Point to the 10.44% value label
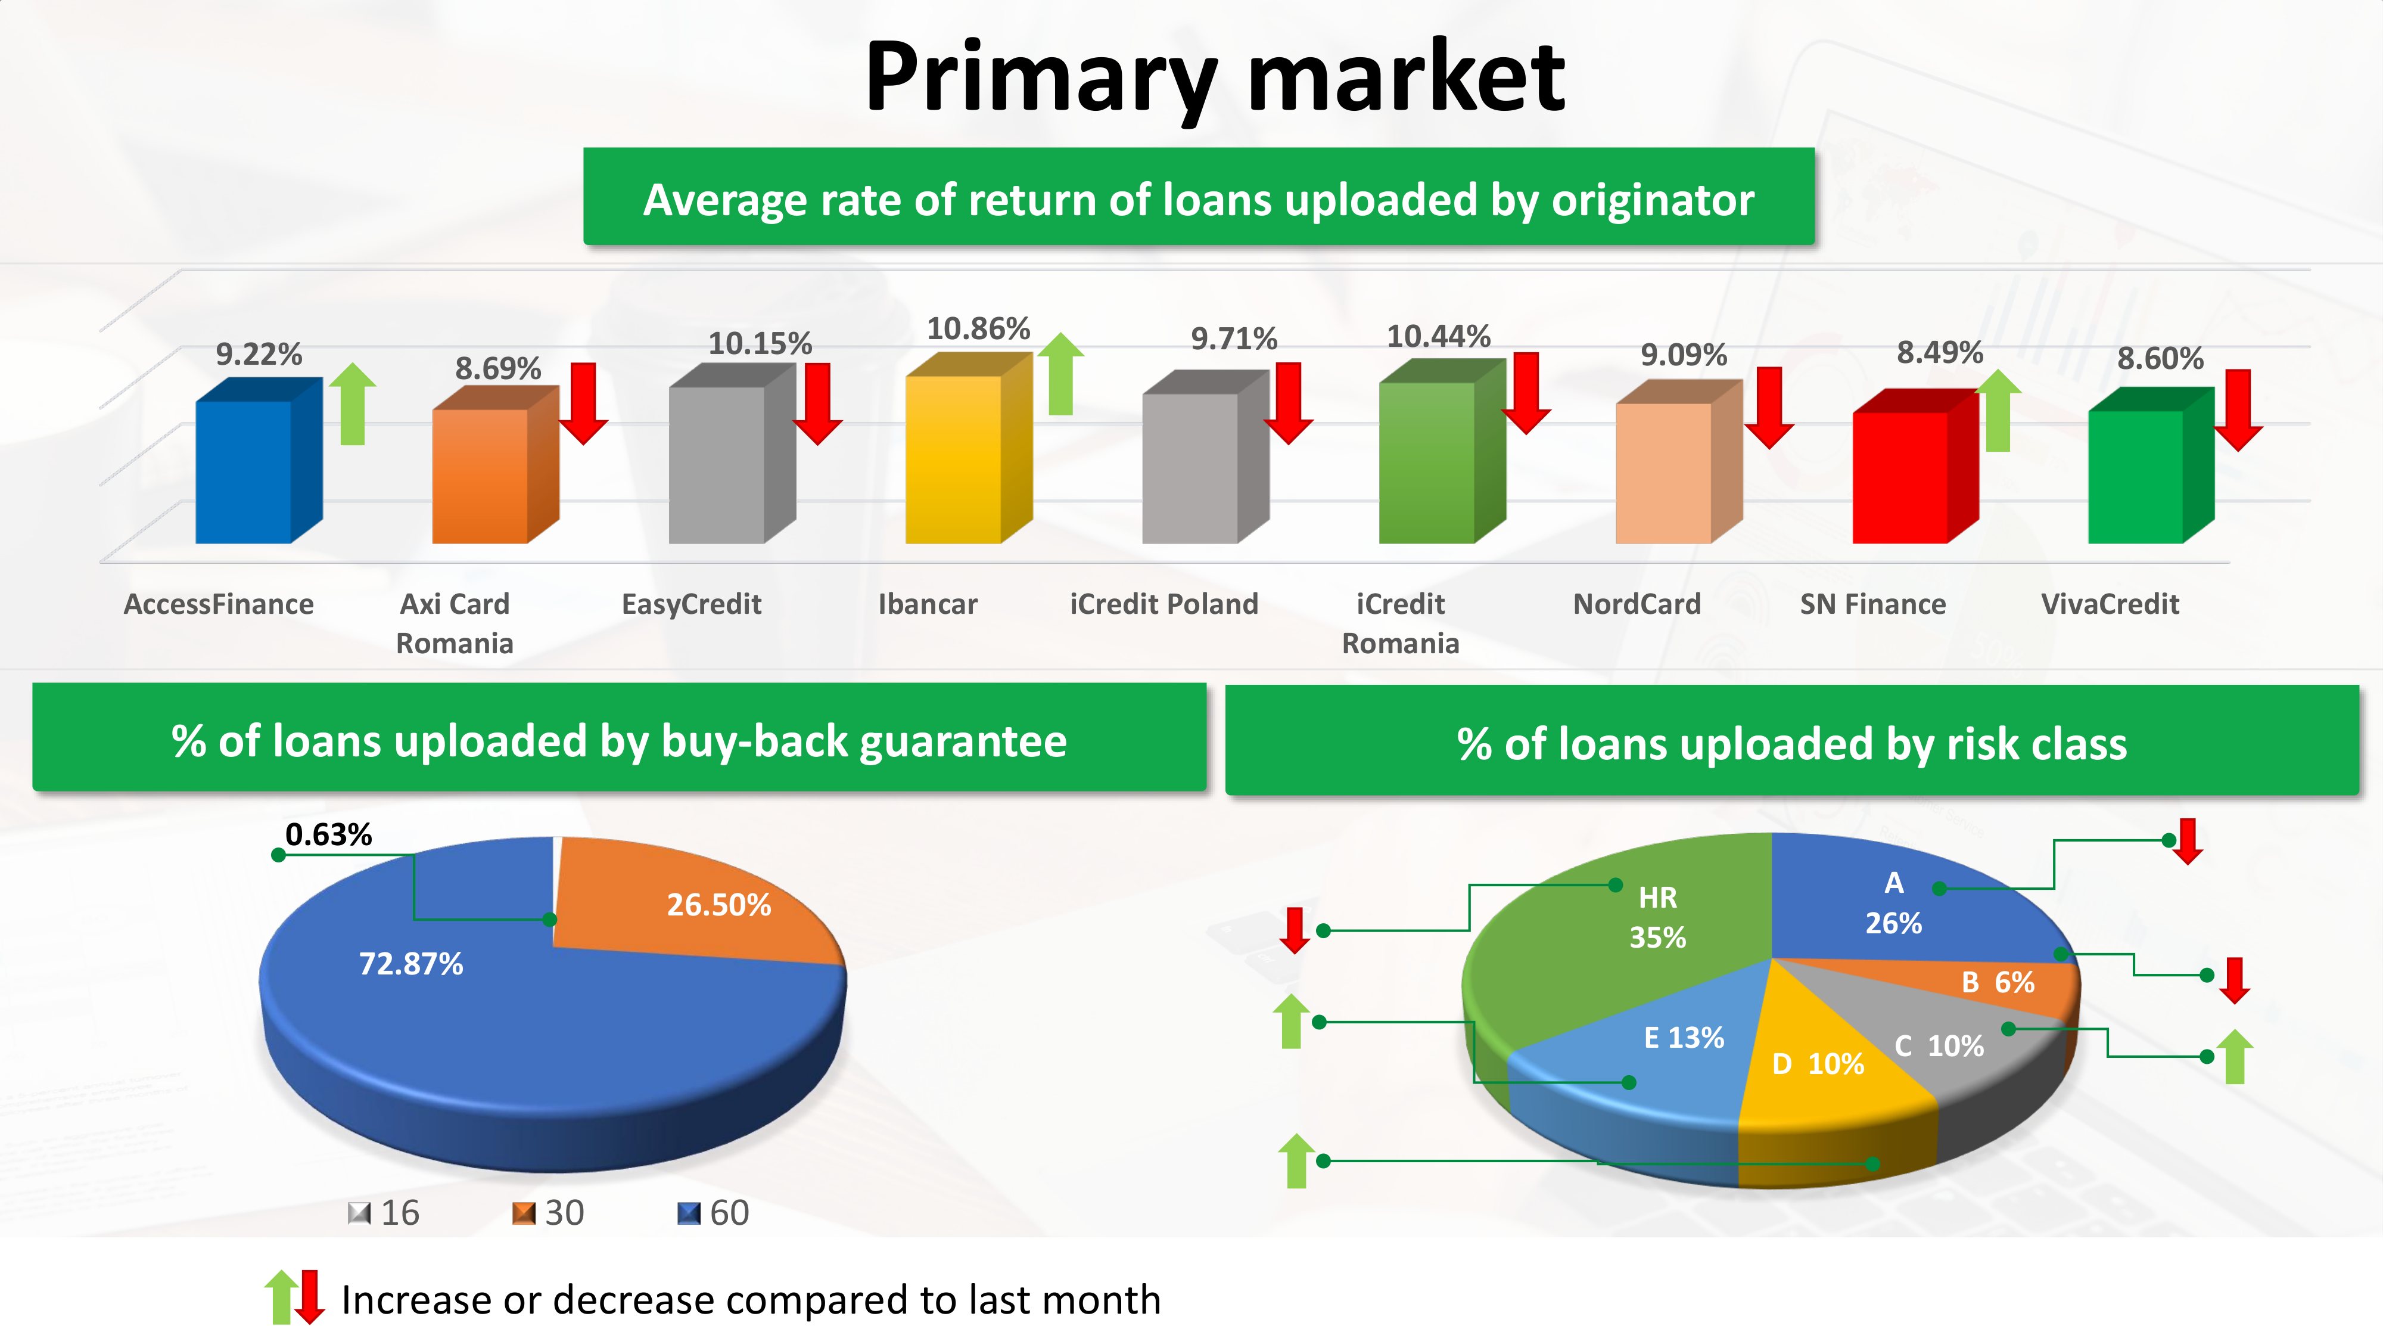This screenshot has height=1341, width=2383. point(1439,336)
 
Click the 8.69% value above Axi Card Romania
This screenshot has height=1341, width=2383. point(497,368)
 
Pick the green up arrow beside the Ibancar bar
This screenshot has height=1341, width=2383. point(1060,374)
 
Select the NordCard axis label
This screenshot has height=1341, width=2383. point(1637,604)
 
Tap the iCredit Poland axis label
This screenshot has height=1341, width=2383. point(1163,604)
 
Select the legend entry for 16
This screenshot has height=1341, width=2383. point(384,1212)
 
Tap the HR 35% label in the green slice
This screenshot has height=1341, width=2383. point(1658,917)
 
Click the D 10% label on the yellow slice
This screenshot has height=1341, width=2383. point(1818,1063)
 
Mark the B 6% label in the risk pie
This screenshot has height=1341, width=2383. point(1998,982)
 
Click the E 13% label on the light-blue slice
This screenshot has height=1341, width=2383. point(1684,1038)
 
